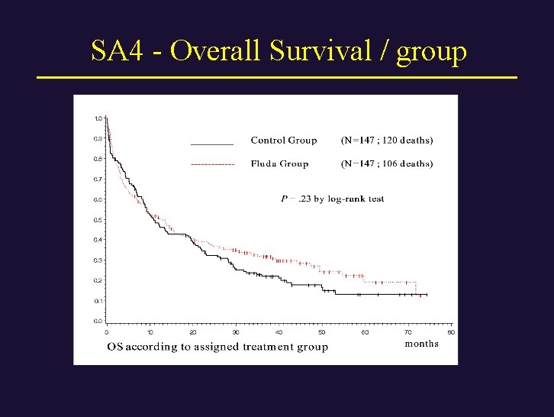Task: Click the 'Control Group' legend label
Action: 283,141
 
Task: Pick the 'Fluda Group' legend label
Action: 279,163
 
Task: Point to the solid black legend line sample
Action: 211,144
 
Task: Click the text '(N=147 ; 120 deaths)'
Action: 386,141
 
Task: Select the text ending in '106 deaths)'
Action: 386,163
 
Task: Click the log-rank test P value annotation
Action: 332,199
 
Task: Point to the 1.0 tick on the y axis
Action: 98,118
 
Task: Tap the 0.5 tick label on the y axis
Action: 98,220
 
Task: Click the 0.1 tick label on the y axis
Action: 98,301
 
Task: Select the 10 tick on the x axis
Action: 150,332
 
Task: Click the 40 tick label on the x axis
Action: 279,332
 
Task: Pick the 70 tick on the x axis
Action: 408,332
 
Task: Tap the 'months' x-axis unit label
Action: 421,344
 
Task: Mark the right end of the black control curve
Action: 427,294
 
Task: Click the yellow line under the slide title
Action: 277,78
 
